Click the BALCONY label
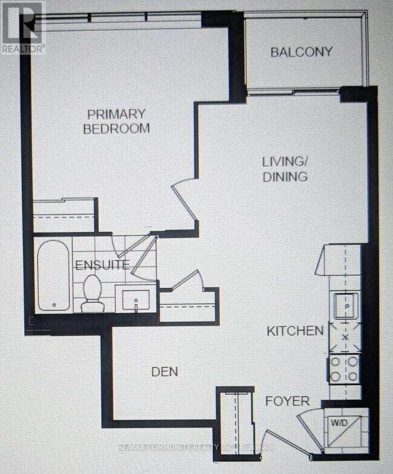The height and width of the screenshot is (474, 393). click(301, 51)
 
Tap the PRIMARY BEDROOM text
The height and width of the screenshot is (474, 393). click(116, 121)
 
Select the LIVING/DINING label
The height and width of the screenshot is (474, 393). click(285, 169)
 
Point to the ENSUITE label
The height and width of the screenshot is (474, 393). click(102, 265)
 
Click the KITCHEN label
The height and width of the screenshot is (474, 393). click(296, 331)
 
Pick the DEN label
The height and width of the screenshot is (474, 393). click(165, 371)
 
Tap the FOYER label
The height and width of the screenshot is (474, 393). click(287, 401)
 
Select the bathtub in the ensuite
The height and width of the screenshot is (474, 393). click(53, 276)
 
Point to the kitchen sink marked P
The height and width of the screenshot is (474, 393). click(346, 306)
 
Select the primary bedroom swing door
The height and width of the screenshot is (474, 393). click(184, 200)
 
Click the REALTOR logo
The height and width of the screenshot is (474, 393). click(23, 27)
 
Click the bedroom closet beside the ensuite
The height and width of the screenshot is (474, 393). click(64, 215)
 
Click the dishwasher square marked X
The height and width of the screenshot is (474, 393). click(345, 337)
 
